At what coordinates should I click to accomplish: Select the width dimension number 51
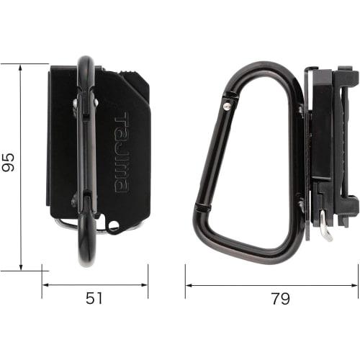(94, 298)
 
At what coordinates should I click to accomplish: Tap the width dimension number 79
(271, 298)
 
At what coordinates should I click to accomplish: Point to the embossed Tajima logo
(122, 153)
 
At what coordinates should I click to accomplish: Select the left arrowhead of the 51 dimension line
(45, 285)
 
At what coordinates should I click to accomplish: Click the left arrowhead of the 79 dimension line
(188, 285)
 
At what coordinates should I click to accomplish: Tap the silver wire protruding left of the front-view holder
(65, 224)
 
